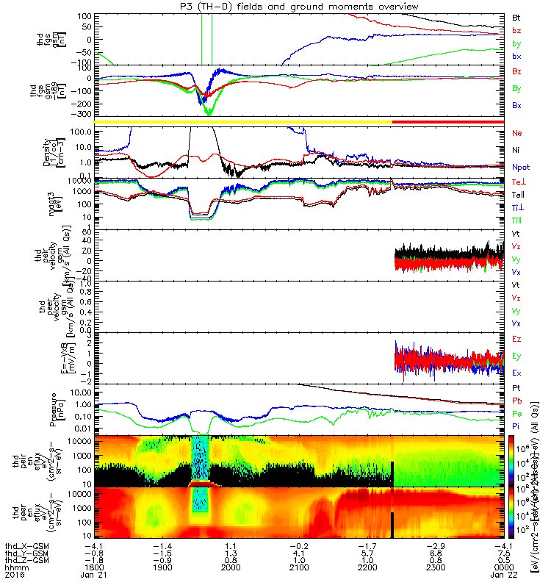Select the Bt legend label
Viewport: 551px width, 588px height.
(516, 16)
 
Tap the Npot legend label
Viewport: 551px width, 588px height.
(520, 167)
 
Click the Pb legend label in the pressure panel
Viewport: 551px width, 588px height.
(516, 401)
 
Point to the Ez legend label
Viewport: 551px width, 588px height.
(516, 339)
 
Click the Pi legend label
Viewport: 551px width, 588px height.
(516, 426)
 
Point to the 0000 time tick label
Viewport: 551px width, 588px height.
(503, 568)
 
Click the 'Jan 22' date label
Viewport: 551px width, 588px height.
(503, 576)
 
